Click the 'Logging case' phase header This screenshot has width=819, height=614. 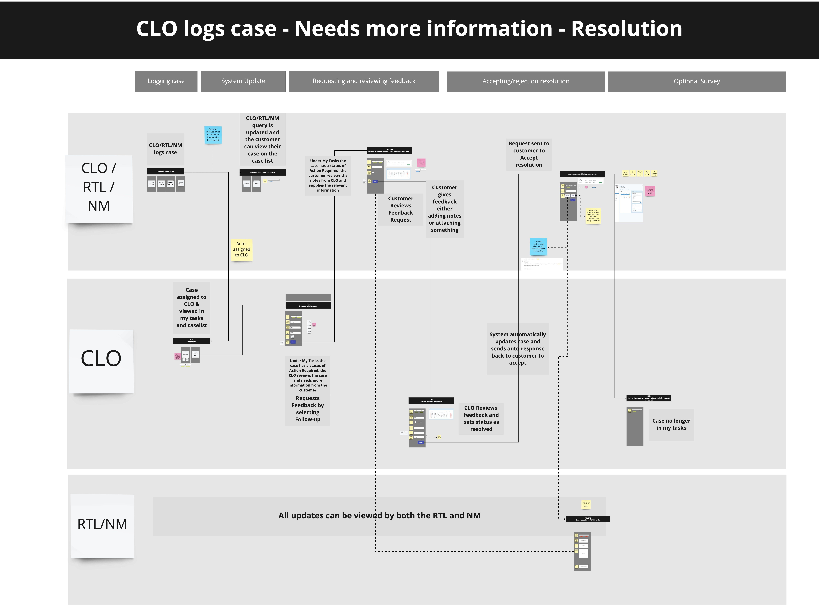point(166,81)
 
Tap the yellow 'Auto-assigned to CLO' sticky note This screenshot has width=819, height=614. point(241,249)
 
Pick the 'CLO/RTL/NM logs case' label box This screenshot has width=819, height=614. point(165,149)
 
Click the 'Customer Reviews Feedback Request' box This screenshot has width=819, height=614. point(401,209)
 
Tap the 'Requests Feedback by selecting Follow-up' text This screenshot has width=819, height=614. point(308,409)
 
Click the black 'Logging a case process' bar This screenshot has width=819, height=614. point(165,171)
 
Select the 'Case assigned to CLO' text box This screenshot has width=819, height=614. point(191,308)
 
